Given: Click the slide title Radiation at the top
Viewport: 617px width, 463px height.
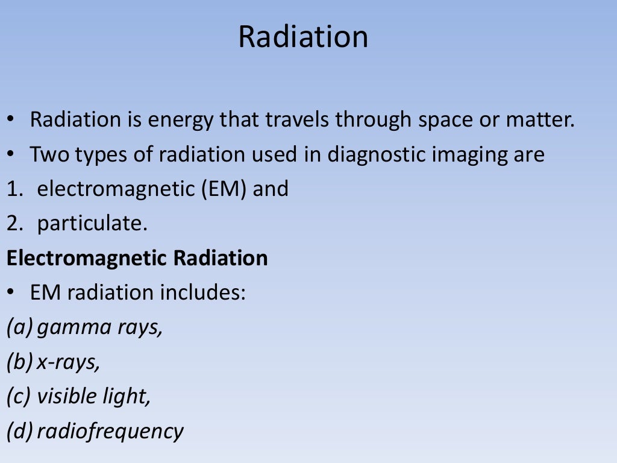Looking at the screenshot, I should pos(303,37).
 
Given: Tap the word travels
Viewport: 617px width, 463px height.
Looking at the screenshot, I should pos(287,120).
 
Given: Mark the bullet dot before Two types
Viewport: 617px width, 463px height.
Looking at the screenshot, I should pos(11,156).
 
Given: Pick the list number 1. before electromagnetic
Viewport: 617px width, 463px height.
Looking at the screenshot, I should pos(14,189).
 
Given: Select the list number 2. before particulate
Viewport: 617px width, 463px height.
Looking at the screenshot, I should pos(14,224).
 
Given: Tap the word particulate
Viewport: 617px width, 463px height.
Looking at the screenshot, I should pos(92,224).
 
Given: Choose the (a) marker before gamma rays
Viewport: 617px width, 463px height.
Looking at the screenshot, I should pos(19,327).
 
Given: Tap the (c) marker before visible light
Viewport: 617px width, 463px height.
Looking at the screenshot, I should pos(19,396).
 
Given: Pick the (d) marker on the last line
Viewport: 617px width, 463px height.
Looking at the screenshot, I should pos(19,431).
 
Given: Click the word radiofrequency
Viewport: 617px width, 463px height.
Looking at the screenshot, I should pos(110,431).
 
